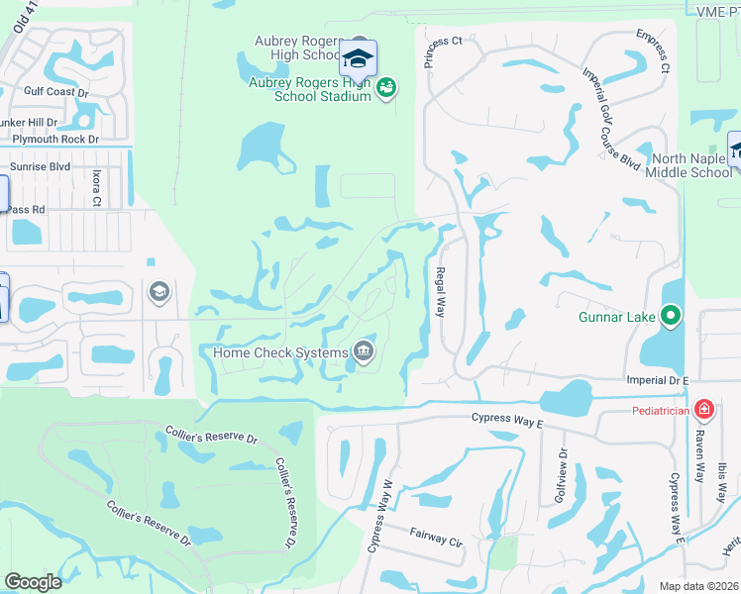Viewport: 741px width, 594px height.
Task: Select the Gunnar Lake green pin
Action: [x=671, y=318]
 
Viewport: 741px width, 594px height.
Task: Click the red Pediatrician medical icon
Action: [x=703, y=410]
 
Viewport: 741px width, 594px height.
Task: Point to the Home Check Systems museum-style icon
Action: [x=364, y=351]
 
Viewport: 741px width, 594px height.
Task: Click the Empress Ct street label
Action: [x=655, y=54]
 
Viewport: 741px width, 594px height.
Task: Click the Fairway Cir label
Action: [x=436, y=538]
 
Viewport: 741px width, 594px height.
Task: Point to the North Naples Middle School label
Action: [x=689, y=165]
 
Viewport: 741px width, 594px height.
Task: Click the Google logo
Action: [x=34, y=582]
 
